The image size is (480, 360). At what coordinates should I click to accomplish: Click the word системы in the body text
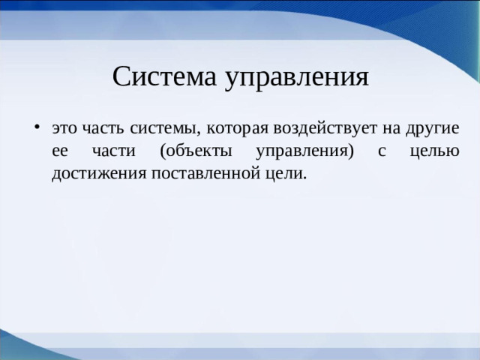point(160,128)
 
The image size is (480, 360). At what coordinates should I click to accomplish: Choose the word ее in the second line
point(60,151)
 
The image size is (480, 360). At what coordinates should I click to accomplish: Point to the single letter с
point(382,151)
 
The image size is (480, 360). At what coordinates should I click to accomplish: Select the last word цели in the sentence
point(286,174)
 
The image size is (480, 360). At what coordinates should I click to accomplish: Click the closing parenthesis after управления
point(350,151)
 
